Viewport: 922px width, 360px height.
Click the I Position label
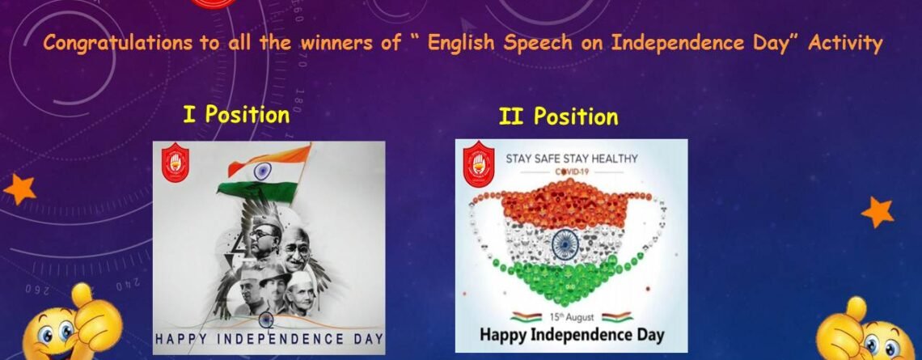236,114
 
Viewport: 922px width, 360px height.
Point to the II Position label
558,117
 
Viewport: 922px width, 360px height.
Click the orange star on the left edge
19,189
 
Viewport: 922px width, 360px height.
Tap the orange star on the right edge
878,212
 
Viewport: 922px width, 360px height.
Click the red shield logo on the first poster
176,163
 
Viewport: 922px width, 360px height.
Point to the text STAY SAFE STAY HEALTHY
572,159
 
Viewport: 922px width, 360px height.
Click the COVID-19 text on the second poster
572,172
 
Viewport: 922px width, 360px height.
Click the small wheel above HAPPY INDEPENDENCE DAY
266,320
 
